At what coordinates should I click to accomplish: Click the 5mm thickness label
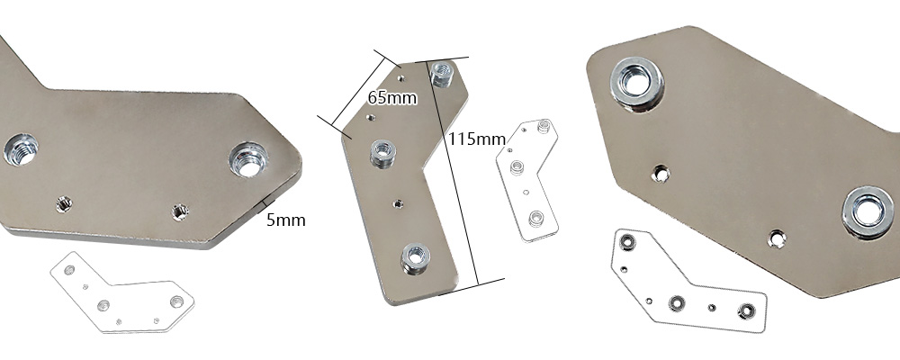pyautogui.click(x=286, y=220)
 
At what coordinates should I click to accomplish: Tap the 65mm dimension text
pyautogui.click(x=392, y=97)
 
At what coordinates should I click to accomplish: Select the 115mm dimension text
pyautogui.click(x=477, y=139)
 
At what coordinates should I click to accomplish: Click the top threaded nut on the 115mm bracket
pyautogui.click(x=442, y=74)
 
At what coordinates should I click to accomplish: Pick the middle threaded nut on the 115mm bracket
pyautogui.click(x=382, y=153)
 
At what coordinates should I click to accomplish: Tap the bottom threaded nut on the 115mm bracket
pyautogui.click(x=415, y=258)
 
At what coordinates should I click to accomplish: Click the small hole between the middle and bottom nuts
pyautogui.click(x=398, y=203)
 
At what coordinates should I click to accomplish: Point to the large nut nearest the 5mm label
pyautogui.click(x=249, y=159)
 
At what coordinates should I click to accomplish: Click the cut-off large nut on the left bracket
pyautogui.click(x=21, y=150)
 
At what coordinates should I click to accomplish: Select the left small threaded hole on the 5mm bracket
pyautogui.click(x=64, y=203)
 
